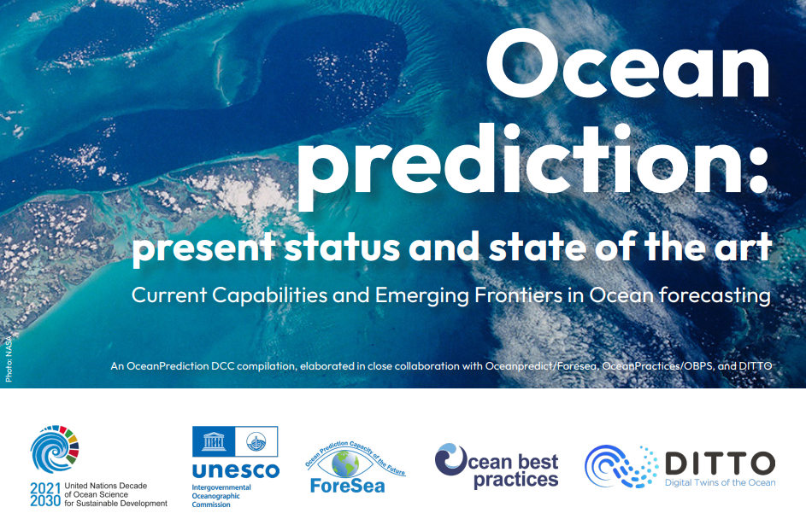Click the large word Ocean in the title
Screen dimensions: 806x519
(627, 63)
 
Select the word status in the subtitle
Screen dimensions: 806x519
(342, 248)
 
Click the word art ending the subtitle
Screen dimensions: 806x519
(744, 248)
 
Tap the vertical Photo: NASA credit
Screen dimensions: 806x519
(9, 359)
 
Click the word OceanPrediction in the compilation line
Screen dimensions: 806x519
(168, 366)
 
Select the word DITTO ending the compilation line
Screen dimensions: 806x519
(755, 366)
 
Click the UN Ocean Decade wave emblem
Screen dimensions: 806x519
(54, 449)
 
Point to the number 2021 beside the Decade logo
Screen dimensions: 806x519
(45, 487)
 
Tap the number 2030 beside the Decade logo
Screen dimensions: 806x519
(45, 500)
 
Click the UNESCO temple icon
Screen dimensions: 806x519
(214, 441)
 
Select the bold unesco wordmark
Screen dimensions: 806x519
(235, 470)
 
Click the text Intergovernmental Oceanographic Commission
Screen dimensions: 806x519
(221, 496)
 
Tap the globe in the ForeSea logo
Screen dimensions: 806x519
(345, 464)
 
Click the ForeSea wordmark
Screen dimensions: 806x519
(348, 486)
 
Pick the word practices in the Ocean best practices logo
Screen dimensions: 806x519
(515, 480)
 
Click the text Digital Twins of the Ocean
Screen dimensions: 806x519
(721, 482)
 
